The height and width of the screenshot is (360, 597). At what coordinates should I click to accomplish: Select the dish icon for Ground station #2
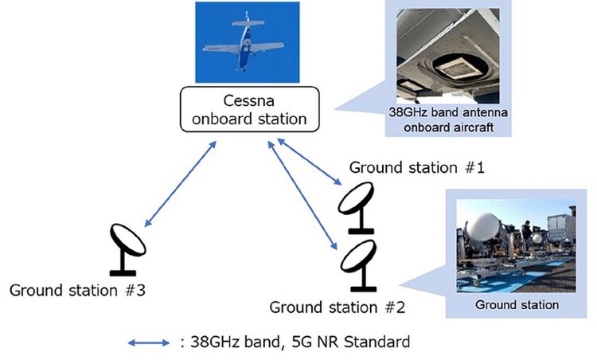click(x=357, y=263)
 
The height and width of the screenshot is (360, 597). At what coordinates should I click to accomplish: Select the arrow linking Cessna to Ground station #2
click(x=302, y=194)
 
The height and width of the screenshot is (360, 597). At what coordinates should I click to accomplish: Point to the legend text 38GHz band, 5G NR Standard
click(x=295, y=343)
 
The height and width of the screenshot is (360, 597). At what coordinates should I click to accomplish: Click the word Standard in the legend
click(x=378, y=343)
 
